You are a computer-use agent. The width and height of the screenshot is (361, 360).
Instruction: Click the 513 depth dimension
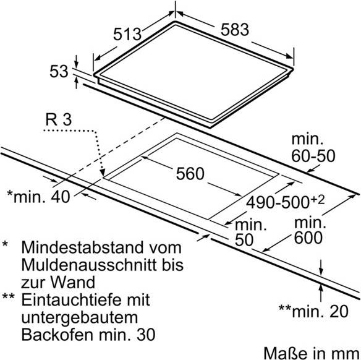(x=127, y=34)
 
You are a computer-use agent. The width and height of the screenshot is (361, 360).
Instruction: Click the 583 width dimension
(x=235, y=30)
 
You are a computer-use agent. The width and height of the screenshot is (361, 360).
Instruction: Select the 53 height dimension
(x=59, y=71)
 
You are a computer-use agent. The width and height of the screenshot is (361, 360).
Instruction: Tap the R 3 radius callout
(x=59, y=119)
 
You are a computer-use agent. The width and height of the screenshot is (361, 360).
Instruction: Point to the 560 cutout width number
(x=190, y=174)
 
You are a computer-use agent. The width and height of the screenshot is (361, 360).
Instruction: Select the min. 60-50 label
(x=313, y=148)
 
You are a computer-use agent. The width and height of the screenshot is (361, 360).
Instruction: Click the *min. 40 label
(x=38, y=197)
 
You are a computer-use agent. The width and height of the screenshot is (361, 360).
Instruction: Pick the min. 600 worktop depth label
(x=310, y=230)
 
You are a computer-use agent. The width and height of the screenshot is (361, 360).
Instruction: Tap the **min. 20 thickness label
(x=313, y=311)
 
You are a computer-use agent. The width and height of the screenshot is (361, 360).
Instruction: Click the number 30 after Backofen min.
(x=146, y=335)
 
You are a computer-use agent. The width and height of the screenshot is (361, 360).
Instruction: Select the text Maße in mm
(x=312, y=353)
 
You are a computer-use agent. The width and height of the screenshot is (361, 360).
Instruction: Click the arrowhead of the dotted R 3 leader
(x=103, y=173)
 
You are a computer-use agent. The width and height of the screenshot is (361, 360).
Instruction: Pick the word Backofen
(x=57, y=335)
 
